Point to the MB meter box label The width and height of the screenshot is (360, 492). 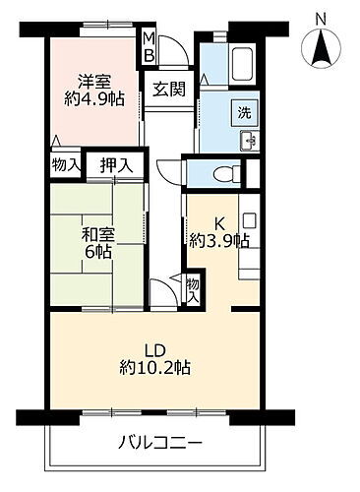pos(150,48)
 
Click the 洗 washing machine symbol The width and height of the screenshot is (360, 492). pos(241,112)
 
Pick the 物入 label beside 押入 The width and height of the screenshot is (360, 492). pos(66,165)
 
